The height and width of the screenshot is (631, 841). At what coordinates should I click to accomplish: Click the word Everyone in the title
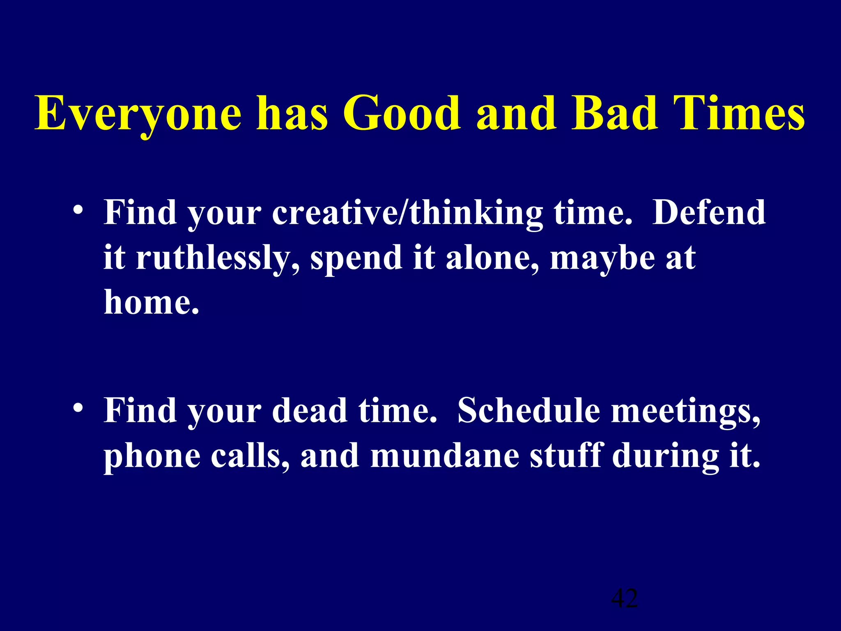(x=138, y=113)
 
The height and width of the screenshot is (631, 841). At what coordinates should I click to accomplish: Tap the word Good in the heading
(x=401, y=113)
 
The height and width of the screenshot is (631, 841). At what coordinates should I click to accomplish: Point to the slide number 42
(x=624, y=599)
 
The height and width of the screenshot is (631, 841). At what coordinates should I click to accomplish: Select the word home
(x=151, y=302)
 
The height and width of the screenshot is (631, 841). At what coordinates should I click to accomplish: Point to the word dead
(x=310, y=411)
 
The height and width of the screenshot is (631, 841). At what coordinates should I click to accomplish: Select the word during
(x=665, y=457)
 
